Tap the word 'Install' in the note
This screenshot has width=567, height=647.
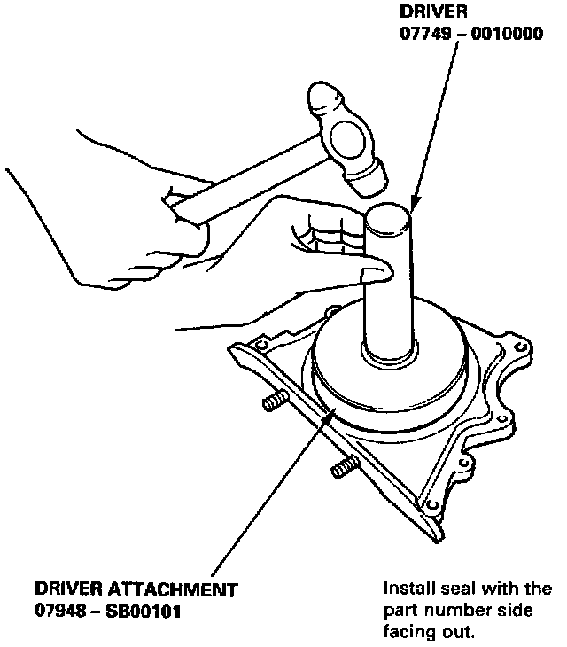(x=407, y=589)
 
